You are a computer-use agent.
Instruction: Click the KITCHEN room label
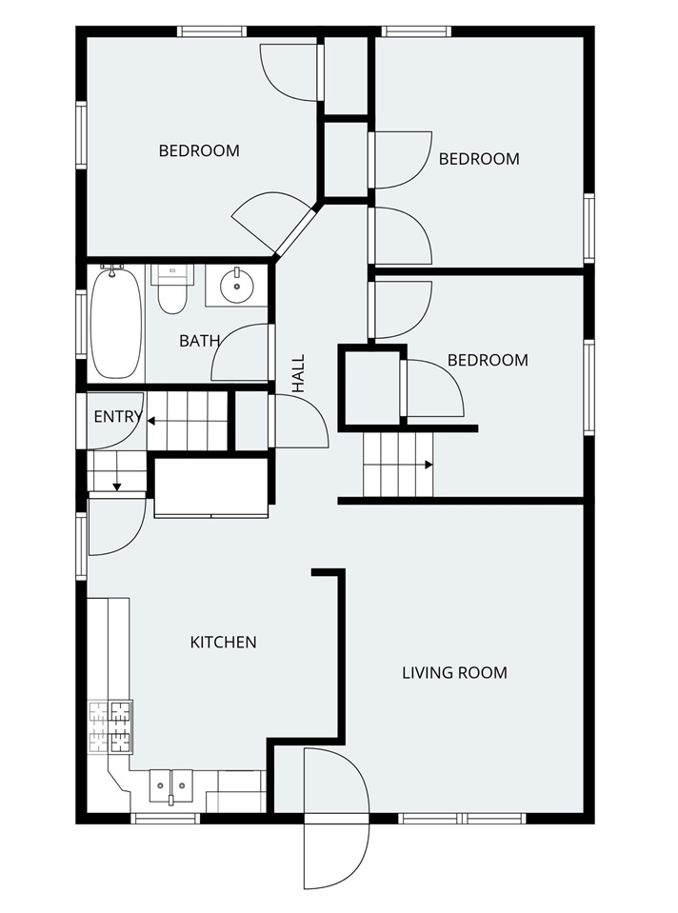pos(224,642)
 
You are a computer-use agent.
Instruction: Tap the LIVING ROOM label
pos(454,672)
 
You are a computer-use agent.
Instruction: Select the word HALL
pos(299,373)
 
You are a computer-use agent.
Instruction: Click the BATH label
pos(200,340)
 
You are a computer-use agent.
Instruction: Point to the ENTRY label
pos(117,417)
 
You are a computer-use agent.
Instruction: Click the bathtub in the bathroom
pos(115,322)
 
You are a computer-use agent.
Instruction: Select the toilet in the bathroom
pos(171,290)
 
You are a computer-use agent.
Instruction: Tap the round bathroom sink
pos(234,284)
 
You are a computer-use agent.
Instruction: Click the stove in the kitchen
pos(110,726)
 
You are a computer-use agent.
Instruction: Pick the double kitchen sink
pos(170,785)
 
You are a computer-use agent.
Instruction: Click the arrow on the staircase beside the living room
pos(429,465)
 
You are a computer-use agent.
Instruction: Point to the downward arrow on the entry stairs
pos(117,486)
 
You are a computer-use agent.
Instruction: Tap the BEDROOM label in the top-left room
pos(199,150)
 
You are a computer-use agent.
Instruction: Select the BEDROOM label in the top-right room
pos(479,159)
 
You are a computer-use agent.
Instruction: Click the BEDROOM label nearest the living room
pos(488,360)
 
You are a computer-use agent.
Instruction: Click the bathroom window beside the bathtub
pos(81,324)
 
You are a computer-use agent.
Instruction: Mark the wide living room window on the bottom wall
pos(462,818)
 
